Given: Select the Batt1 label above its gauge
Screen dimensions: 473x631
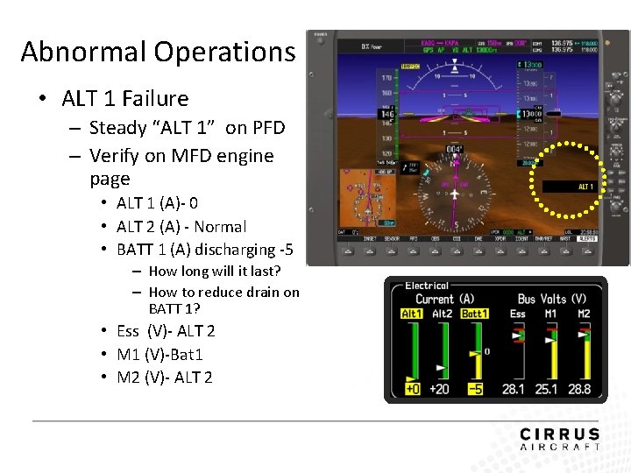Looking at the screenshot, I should (474, 314).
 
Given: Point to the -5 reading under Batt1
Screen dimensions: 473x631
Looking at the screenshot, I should (474, 389).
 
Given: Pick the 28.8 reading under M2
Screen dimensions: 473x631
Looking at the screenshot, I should (579, 389).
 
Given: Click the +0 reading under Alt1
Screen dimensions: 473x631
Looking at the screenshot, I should (412, 389).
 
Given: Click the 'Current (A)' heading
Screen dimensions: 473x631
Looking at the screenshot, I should (444, 300).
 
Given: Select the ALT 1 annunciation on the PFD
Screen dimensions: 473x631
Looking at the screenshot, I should (585, 187).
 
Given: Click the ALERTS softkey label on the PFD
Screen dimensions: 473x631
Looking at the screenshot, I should (586, 238).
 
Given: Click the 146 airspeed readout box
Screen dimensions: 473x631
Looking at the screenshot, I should (387, 114).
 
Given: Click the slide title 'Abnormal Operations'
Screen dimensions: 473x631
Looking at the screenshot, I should (158, 52).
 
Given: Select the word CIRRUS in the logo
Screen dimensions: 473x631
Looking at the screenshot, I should (559, 434).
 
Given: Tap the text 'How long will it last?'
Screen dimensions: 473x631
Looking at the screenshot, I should (216, 271).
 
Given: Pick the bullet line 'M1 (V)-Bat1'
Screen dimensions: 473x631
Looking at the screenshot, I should (160, 354).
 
